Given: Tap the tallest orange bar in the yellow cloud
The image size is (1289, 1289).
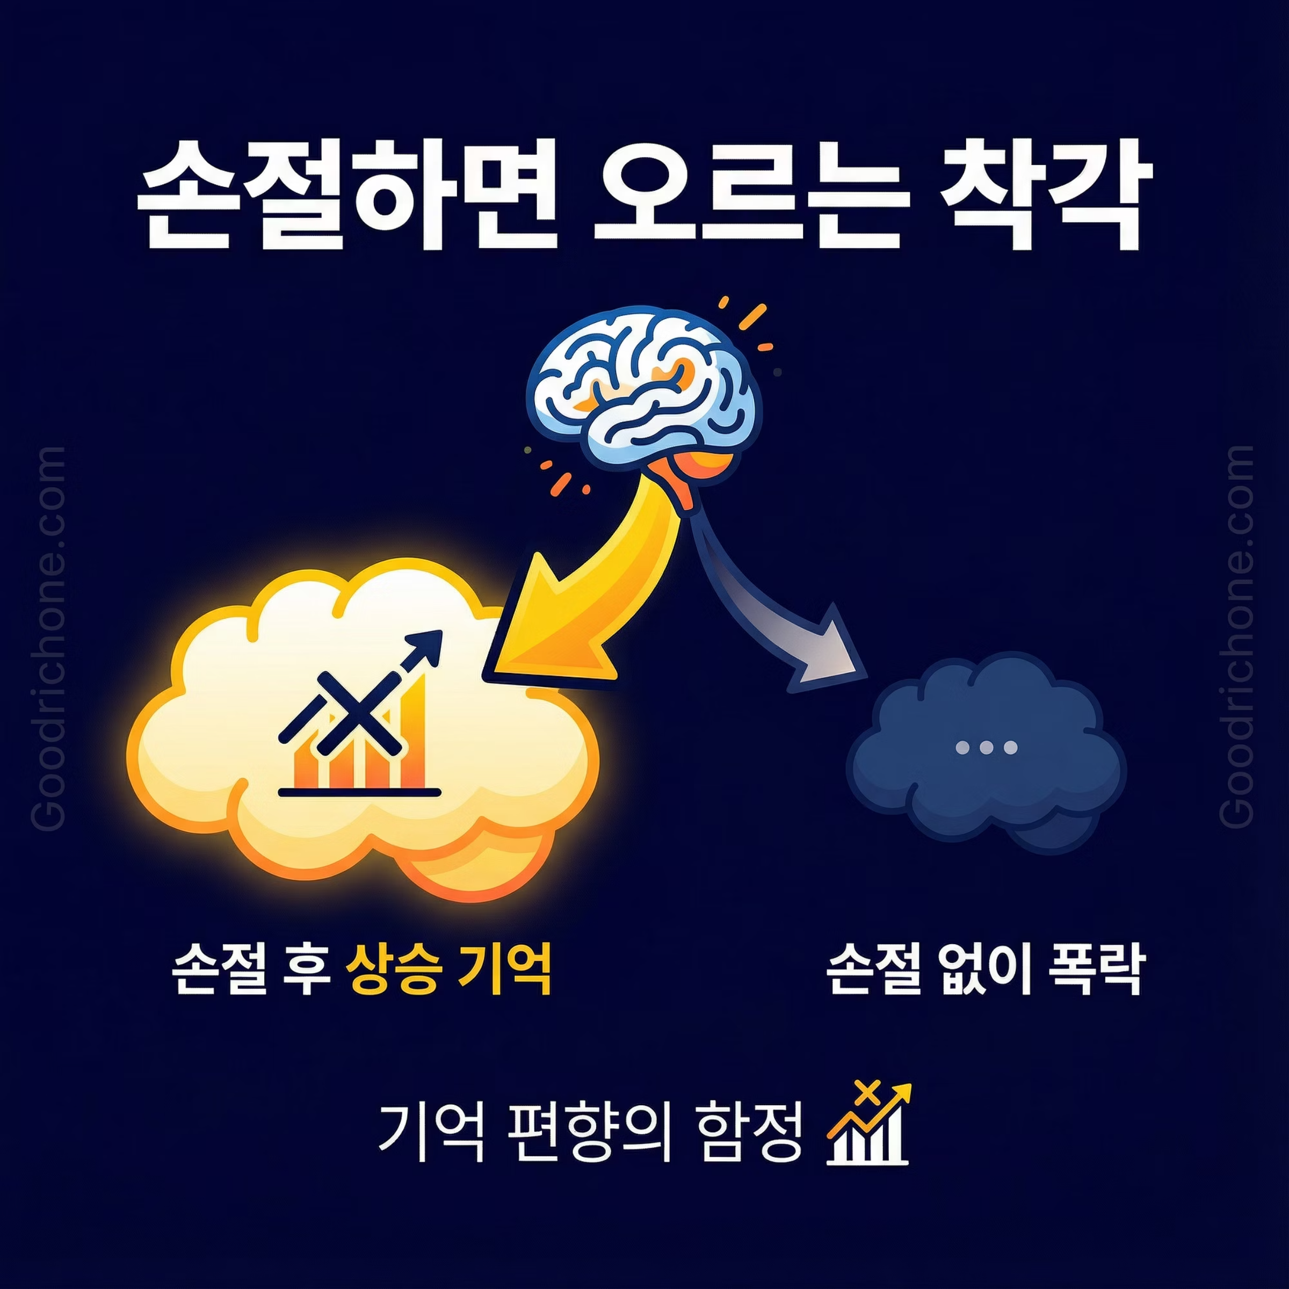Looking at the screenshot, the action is (414, 734).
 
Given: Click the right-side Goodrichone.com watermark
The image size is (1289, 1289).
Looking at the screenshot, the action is (1240, 636).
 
